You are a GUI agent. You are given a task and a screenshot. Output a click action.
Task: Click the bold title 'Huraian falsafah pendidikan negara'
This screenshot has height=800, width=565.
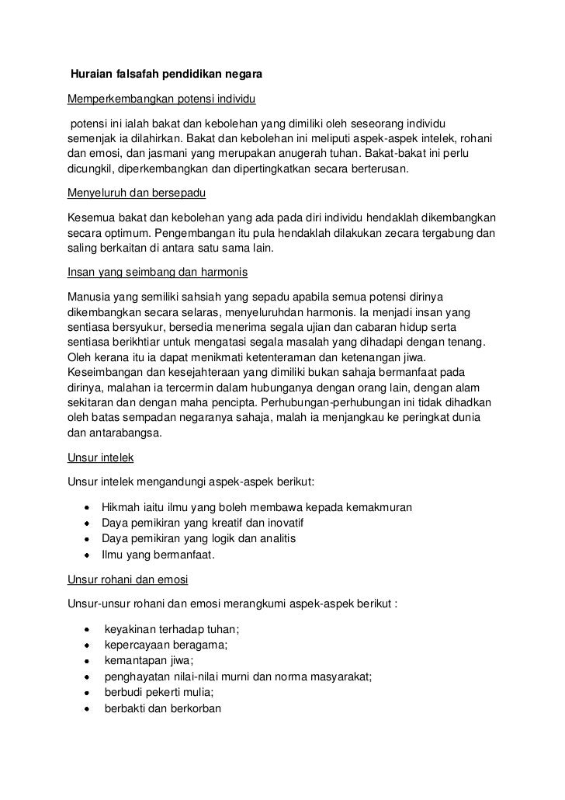click(167, 76)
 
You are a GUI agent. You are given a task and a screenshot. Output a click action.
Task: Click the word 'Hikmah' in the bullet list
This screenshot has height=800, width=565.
click(120, 507)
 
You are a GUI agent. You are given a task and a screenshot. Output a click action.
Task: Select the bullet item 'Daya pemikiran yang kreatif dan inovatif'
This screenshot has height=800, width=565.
click(197, 523)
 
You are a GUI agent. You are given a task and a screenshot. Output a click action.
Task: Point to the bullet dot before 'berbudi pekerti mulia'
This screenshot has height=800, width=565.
click(87, 693)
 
